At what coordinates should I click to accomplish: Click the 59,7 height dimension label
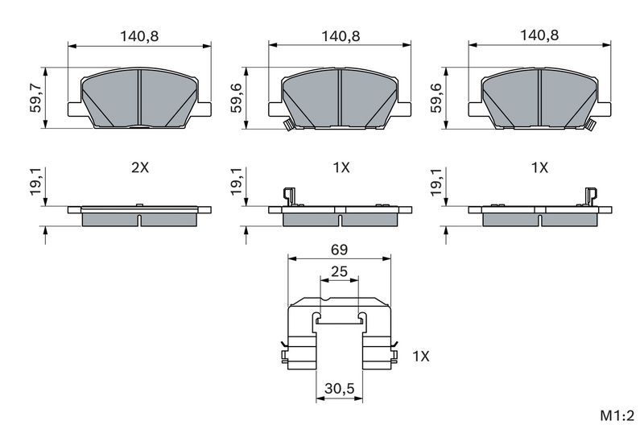click(35, 97)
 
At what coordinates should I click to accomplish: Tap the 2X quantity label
click(140, 167)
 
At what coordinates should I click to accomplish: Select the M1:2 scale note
click(617, 416)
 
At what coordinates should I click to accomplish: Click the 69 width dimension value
click(339, 250)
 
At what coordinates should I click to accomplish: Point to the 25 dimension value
click(339, 271)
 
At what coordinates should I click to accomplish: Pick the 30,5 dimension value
click(339, 389)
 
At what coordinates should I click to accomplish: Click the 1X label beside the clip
click(420, 357)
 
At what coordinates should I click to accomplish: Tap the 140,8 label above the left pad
click(139, 36)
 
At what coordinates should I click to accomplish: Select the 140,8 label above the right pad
click(539, 35)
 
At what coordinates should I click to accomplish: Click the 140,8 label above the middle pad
click(341, 36)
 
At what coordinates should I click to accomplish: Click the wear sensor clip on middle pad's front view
click(287, 125)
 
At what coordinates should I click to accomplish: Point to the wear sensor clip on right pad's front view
click(591, 125)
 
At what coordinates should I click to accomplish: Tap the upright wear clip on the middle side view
click(289, 196)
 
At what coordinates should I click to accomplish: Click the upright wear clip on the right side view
click(591, 196)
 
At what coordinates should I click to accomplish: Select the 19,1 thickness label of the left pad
click(35, 181)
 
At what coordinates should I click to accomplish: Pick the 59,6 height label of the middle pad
click(237, 97)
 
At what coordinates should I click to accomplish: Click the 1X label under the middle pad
click(341, 167)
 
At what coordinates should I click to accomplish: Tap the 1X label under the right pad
click(539, 167)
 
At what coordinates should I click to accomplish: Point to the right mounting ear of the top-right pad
click(603, 109)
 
